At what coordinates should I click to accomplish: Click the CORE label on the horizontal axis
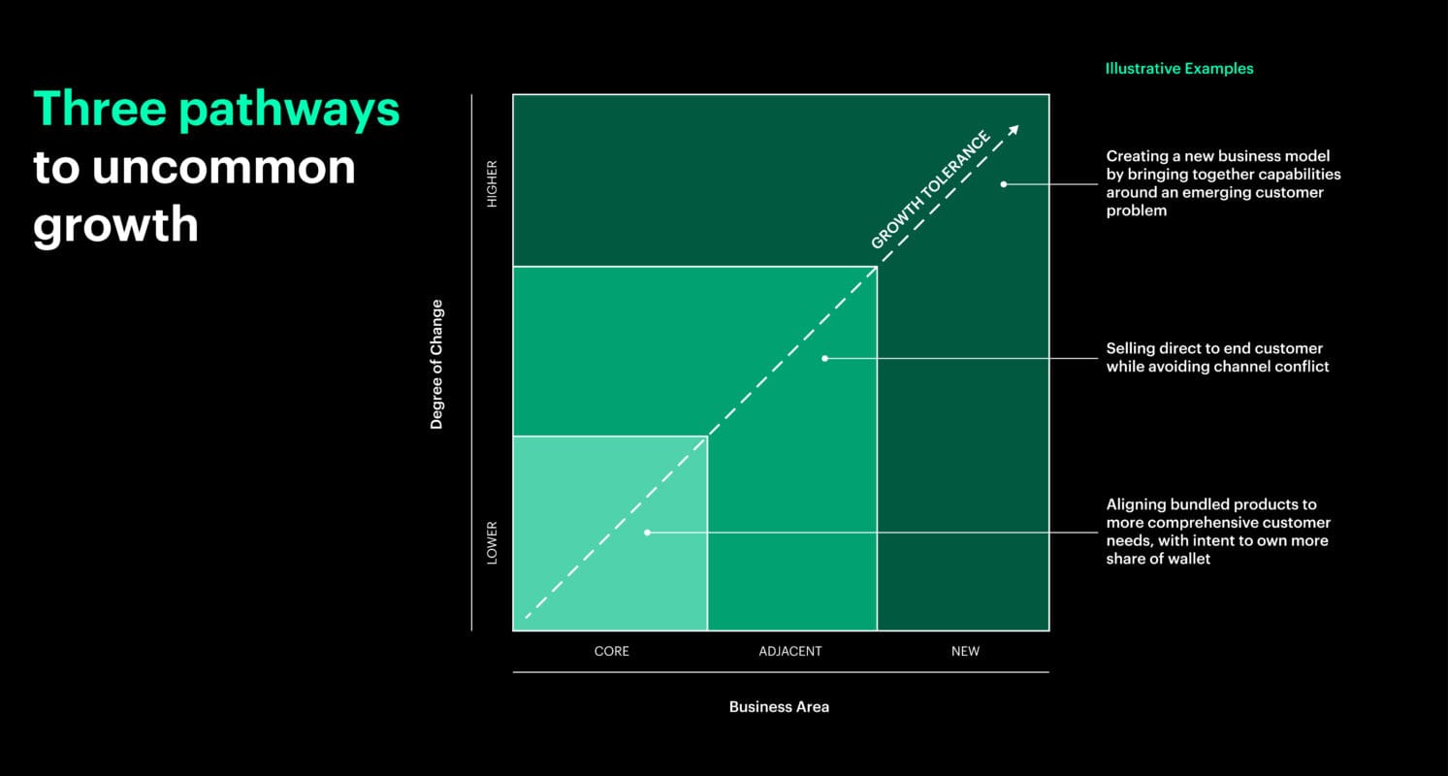611,652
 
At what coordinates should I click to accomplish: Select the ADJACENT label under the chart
789,652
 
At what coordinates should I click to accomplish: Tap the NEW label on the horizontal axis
965,652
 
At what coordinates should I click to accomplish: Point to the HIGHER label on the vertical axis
492,183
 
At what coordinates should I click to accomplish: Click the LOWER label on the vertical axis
492,543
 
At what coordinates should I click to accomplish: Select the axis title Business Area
779,707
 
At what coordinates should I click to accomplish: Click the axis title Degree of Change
436,364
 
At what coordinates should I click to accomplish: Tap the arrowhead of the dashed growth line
1014,130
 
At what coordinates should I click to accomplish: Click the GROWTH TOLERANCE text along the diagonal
930,190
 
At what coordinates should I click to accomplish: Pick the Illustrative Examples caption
1178,69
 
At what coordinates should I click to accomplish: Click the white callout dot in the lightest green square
647,533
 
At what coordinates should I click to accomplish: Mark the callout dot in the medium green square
824,358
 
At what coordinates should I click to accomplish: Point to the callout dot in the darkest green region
1004,183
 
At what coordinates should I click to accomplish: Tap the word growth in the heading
115,225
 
